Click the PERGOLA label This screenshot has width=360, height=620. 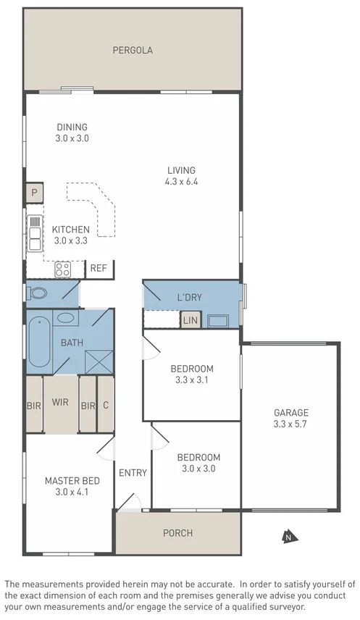(132, 50)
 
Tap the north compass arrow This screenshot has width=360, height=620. (288, 537)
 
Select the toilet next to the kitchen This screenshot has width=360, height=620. (38, 293)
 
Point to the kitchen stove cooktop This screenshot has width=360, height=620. (63, 269)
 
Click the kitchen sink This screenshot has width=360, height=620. (34, 233)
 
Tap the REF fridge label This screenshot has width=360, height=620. (99, 268)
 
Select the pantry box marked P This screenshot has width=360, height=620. (33, 193)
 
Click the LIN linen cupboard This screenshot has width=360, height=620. (190, 320)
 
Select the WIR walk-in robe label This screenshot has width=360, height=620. (60, 401)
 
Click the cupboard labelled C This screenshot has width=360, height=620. (106, 406)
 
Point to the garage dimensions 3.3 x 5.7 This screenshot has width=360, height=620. (290, 424)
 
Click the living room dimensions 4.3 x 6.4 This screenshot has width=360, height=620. (181, 182)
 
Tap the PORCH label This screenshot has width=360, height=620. (177, 533)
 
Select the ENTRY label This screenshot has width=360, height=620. (133, 473)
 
